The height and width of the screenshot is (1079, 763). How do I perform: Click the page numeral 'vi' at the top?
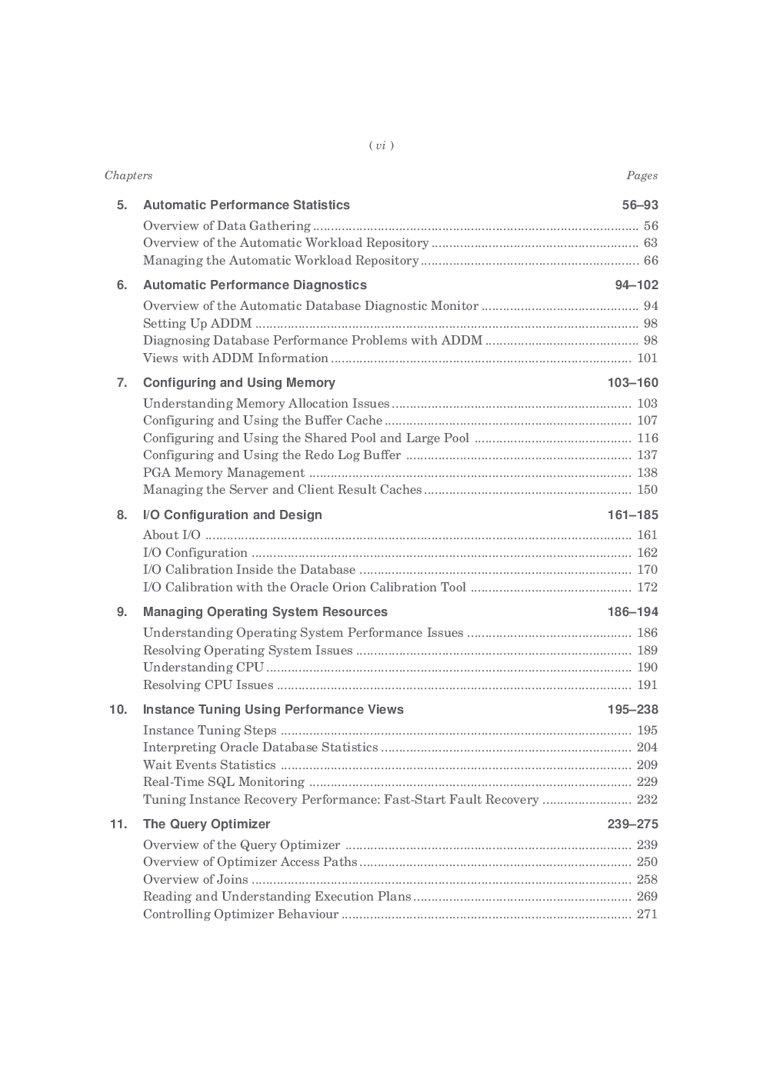coord(381,145)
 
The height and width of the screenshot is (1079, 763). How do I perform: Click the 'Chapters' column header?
coord(128,175)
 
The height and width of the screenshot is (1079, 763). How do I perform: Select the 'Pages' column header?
coord(641,175)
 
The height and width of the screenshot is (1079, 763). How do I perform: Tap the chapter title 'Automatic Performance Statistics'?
coord(246,205)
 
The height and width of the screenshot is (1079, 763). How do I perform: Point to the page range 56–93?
coord(640,205)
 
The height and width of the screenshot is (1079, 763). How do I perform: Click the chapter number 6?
coord(122,285)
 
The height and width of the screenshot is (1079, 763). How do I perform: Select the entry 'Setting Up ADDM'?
coord(197,323)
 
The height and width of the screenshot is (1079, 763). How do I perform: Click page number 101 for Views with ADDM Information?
coord(647,358)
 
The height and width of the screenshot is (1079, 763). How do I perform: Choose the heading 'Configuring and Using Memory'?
coord(239,382)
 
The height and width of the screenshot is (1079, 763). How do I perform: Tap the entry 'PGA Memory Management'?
coord(224,472)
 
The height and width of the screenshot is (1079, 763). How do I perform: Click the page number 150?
coord(647,489)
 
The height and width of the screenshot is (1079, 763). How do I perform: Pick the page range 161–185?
coord(632,515)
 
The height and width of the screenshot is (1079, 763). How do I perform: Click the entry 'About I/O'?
coord(172,535)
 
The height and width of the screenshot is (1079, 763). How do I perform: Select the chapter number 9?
coord(122,611)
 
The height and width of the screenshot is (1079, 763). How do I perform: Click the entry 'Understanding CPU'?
coord(203,667)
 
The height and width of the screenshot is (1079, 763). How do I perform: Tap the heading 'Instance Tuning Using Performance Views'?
coord(273,709)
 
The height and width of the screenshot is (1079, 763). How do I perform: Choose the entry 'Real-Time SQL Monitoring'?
coord(224,781)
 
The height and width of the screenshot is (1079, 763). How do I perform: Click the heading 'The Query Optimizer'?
coord(206,824)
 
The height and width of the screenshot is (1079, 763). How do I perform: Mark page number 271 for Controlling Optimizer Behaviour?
coord(647,914)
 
